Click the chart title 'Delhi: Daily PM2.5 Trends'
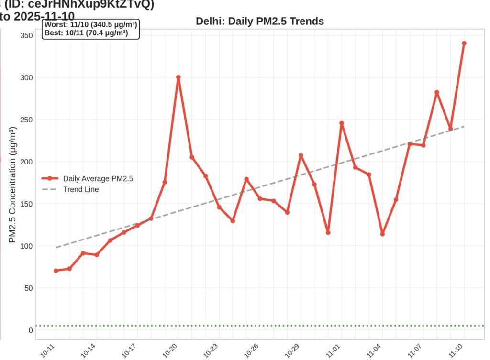click(260, 22)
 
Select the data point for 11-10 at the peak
click(464, 44)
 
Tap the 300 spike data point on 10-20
click(178, 77)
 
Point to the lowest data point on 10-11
click(56, 271)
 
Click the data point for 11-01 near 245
click(342, 123)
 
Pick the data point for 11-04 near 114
click(382, 234)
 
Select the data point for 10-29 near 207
click(301, 155)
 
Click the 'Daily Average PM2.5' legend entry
click(98, 178)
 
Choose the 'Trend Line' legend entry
click(81, 189)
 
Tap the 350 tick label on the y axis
click(27, 35)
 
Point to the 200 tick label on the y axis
click(27, 162)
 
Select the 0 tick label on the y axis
click(31, 330)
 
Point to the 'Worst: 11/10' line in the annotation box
click(91, 25)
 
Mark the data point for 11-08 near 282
click(436, 92)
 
